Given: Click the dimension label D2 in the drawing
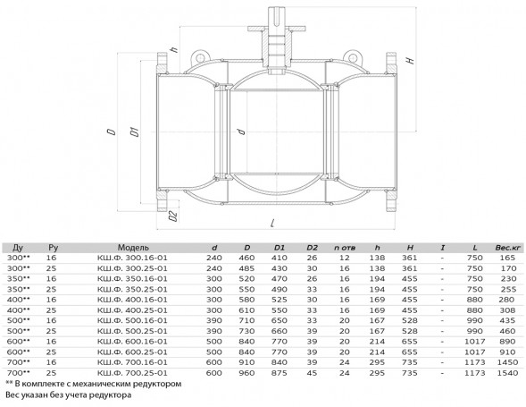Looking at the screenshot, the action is (173, 216).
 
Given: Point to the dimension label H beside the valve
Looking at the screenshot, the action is (410, 61).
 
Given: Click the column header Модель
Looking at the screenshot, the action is (133, 248).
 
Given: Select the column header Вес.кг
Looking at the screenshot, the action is (508, 248).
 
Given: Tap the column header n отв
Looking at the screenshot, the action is (345, 248).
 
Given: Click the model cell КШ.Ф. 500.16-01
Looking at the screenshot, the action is (132, 320).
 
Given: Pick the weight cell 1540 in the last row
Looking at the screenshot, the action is (508, 373).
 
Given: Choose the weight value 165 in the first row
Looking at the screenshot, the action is (507, 258).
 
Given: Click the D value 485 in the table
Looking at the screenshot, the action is (246, 268).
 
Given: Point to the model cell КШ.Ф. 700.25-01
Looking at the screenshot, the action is (132, 373).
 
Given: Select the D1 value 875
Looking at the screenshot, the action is (280, 373).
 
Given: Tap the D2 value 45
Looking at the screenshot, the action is (312, 373).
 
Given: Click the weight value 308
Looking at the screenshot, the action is (507, 310).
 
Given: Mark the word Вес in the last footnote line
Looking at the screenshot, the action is (12, 394).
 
